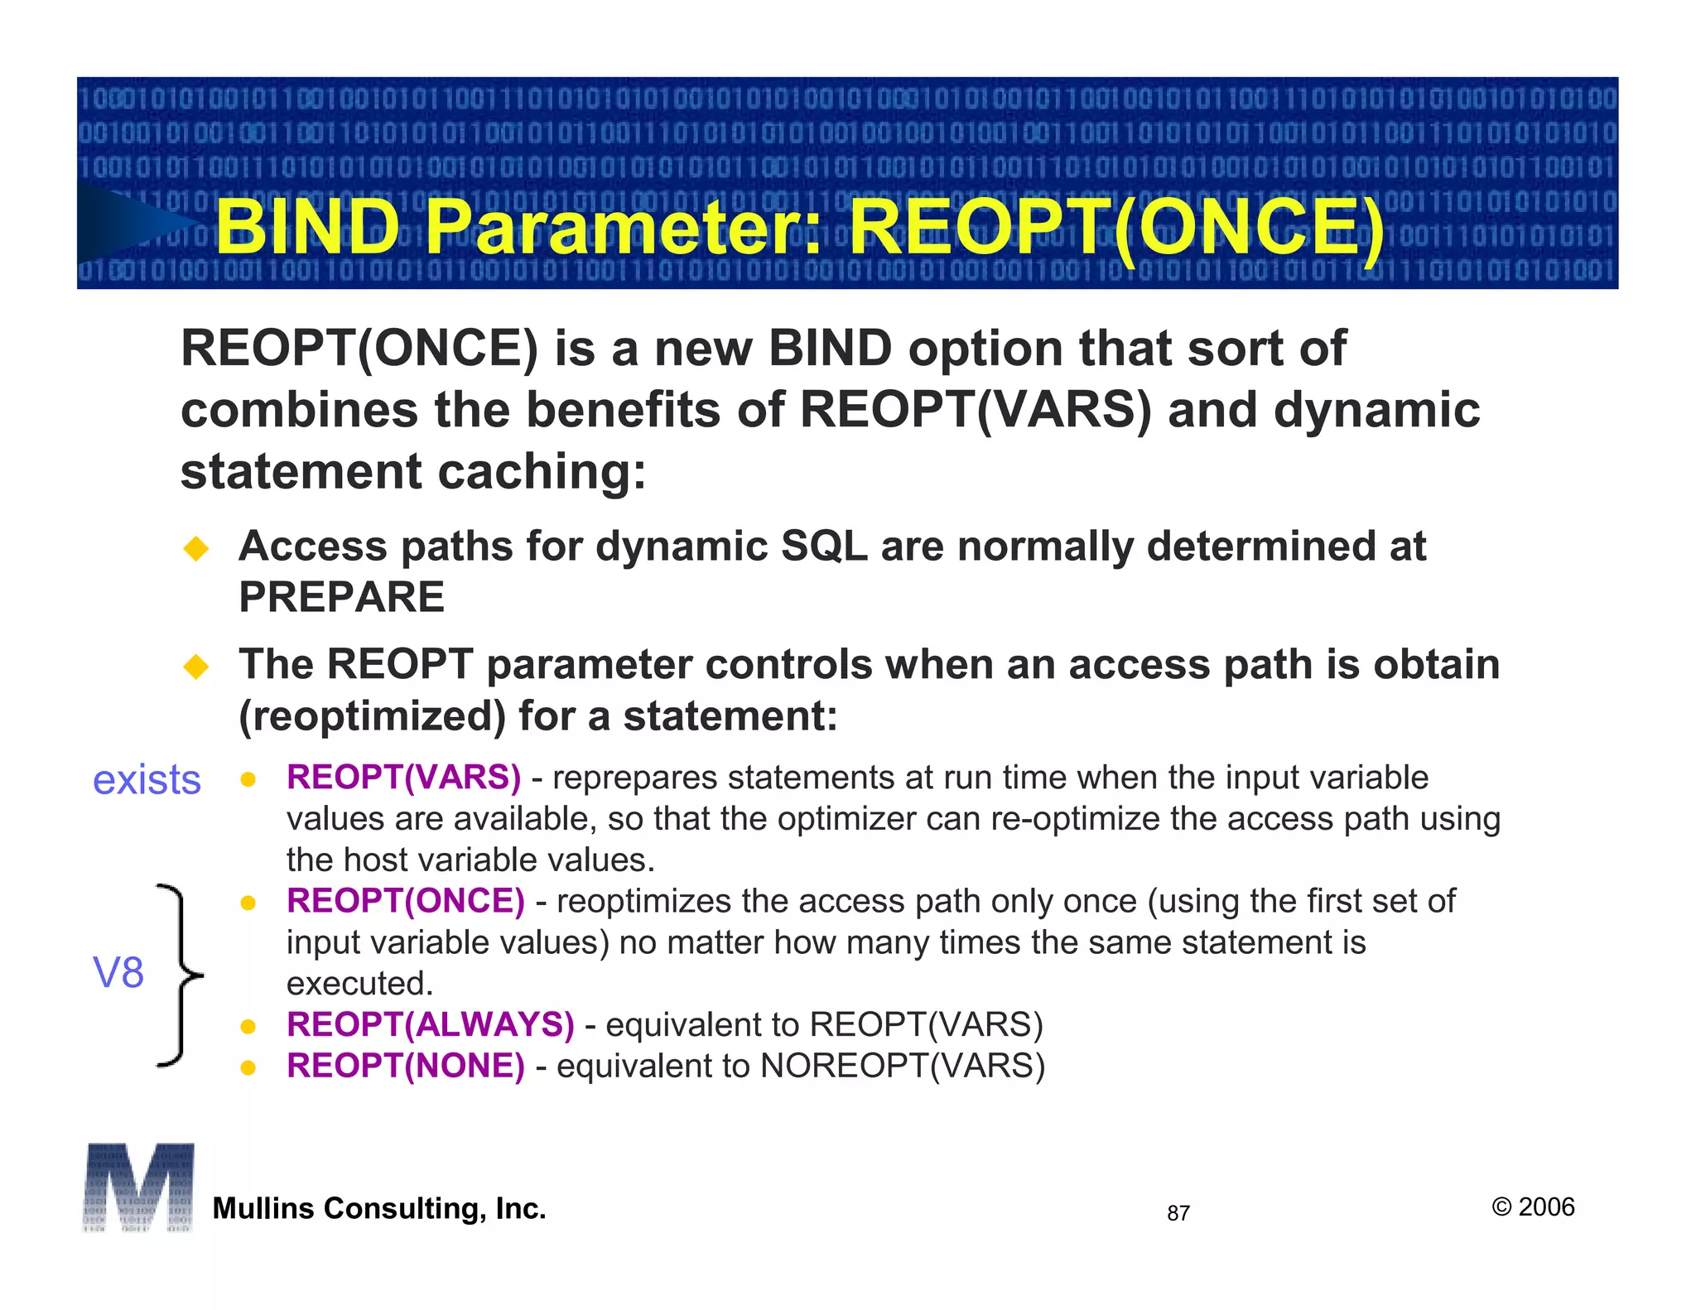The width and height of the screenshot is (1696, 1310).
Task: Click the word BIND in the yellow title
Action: coord(308,228)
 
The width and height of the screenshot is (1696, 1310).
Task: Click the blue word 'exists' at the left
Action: coord(147,780)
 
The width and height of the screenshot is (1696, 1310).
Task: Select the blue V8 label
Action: coord(118,972)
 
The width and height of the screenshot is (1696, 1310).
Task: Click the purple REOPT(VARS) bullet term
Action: coord(403,778)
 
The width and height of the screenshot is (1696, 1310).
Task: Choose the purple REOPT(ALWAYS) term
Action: coord(430,1024)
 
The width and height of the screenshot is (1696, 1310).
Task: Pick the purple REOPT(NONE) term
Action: coord(405,1066)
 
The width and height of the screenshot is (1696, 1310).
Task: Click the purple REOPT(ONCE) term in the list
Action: coord(405,901)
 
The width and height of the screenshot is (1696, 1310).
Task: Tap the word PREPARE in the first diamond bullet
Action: coord(341,597)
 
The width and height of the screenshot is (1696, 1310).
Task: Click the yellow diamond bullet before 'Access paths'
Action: coord(196,548)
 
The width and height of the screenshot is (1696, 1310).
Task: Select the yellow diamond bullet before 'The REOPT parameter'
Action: coord(196,667)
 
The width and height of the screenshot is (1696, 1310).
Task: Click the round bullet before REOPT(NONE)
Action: coord(247,1068)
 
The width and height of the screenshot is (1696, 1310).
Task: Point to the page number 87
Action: coord(1178,1213)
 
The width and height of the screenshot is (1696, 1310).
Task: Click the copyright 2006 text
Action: coord(1533,1206)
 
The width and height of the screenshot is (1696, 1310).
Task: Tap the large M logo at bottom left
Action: coord(138,1187)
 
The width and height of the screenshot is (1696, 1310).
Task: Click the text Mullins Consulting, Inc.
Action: coord(379,1208)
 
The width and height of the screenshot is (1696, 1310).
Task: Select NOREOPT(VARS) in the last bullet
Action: coord(903,1066)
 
